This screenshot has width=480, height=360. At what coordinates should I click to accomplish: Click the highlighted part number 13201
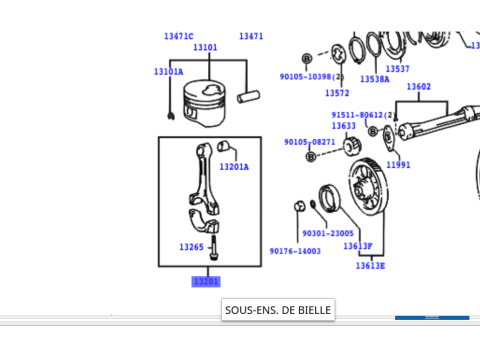click(205, 282)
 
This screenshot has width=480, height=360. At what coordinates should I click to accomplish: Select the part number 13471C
click(179, 36)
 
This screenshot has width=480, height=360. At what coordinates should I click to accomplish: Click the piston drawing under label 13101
click(207, 101)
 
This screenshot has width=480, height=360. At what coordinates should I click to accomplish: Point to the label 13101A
click(168, 72)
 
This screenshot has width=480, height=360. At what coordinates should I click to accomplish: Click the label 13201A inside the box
click(234, 167)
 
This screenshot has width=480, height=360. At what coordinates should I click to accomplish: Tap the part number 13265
click(192, 247)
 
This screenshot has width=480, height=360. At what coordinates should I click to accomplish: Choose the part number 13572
click(337, 94)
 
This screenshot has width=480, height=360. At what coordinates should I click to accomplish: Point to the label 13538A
click(375, 79)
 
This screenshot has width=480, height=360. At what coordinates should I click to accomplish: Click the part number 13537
click(397, 69)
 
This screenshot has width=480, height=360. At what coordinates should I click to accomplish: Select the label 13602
click(418, 87)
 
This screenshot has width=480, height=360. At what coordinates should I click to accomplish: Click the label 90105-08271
click(309, 142)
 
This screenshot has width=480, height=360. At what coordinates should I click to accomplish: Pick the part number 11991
click(398, 164)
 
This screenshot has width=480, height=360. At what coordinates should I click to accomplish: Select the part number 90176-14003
click(295, 251)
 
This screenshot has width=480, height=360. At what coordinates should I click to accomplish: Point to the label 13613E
click(370, 266)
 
